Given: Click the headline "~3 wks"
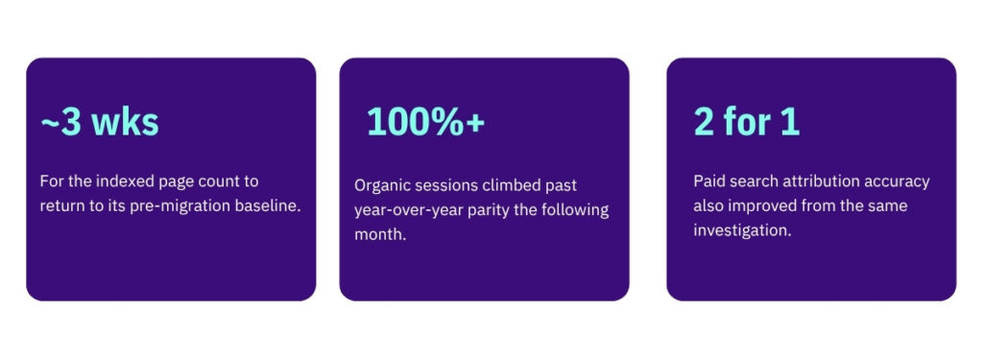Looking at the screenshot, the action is [x=100, y=122].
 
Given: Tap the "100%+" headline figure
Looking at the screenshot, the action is [x=425, y=121].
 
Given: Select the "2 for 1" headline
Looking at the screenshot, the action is [x=747, y=121].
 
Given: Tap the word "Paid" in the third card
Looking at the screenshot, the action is [x=707, y=181].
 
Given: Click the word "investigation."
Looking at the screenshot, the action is [x=742, y=230].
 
